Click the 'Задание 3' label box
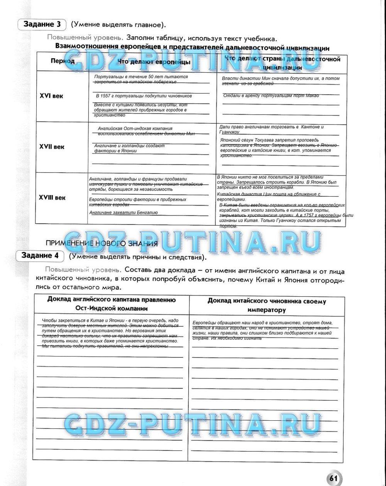point(42,24)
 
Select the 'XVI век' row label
point(51,96)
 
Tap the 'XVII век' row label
point(52,147)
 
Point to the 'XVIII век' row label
point(52,197)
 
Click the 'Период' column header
point(62,61)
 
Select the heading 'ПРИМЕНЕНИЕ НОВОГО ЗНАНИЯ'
point(102,243)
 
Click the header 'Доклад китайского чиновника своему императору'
point(267,305)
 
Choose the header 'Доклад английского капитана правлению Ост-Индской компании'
point(112,304)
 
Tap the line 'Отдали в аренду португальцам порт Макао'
point(271,96)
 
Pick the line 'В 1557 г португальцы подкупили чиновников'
point(144,96)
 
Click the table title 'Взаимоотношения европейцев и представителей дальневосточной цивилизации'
point(192,48)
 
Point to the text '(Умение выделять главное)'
point(118,25)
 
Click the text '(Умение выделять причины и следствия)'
point(138,257)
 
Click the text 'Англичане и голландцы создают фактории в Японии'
point(129,148)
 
